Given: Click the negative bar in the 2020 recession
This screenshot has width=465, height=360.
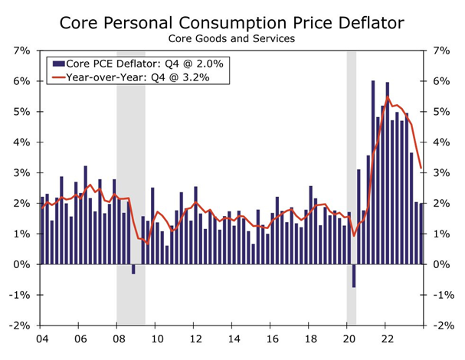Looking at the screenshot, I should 354,276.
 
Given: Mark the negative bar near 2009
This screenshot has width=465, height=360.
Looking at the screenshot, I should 133,269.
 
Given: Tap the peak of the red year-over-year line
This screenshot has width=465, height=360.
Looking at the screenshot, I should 388,97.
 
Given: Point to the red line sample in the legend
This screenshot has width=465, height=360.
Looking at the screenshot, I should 56,77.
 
